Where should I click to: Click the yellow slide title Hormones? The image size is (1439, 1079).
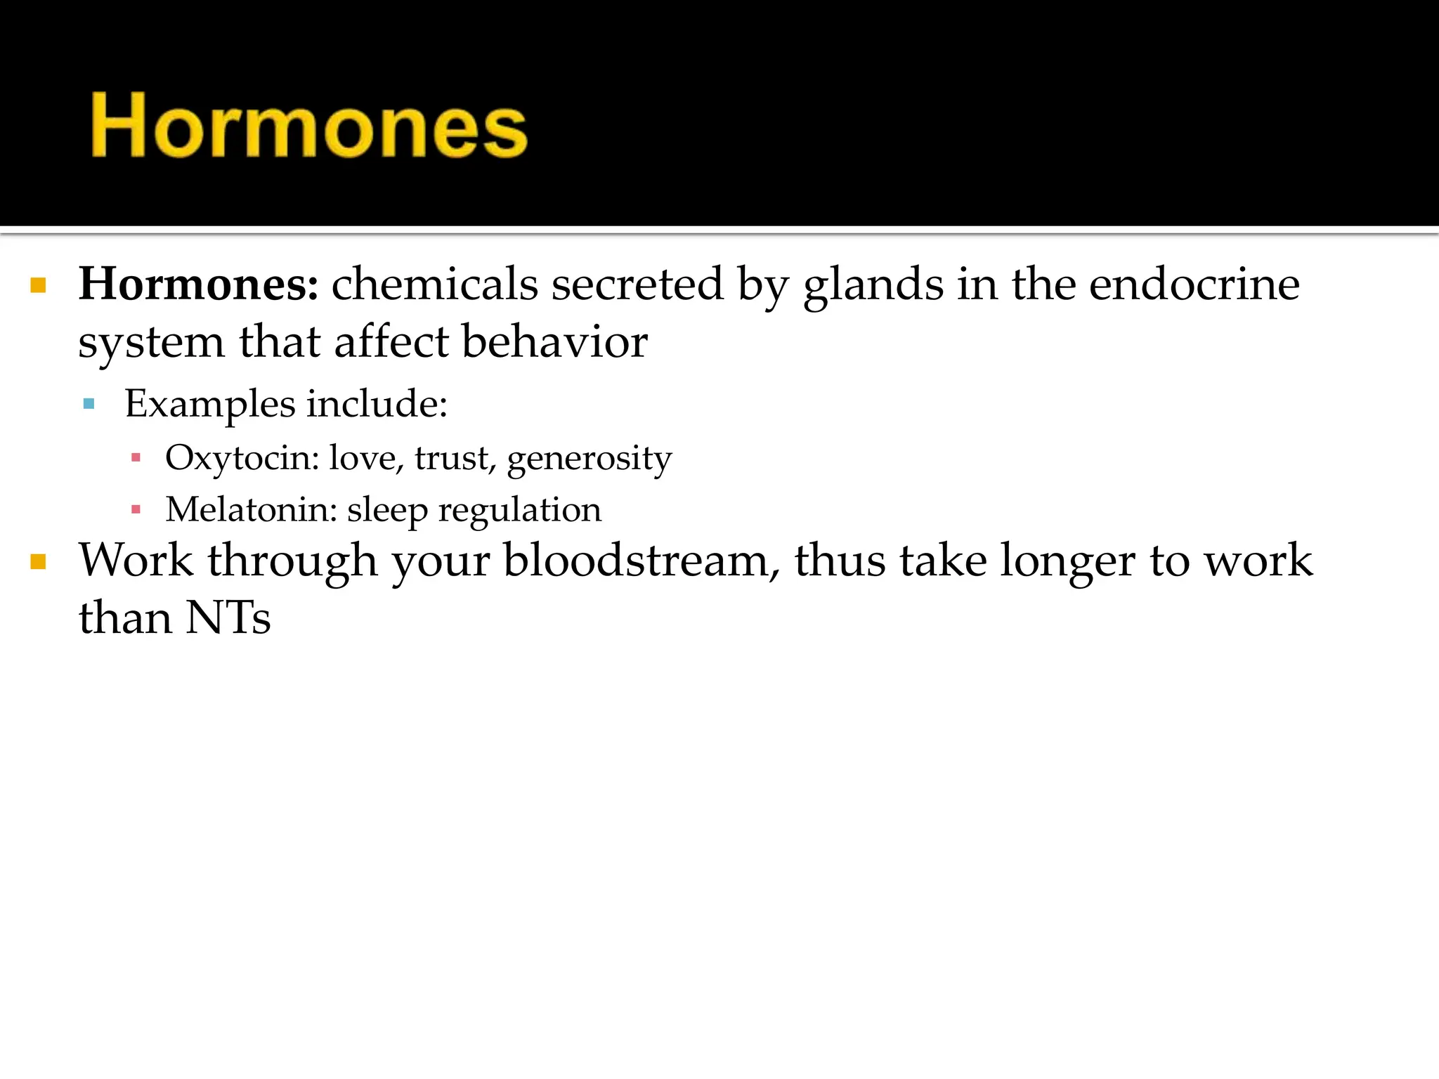309,126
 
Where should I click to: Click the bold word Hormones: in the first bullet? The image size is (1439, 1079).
199,285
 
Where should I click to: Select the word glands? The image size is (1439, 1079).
873,285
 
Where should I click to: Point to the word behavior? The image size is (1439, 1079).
554,342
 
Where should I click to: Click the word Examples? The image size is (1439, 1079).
210,405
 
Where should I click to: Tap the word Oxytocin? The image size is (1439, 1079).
242,458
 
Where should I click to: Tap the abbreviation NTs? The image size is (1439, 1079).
228,618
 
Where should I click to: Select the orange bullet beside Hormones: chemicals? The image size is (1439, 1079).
39,285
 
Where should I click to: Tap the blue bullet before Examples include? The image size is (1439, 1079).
89,404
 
